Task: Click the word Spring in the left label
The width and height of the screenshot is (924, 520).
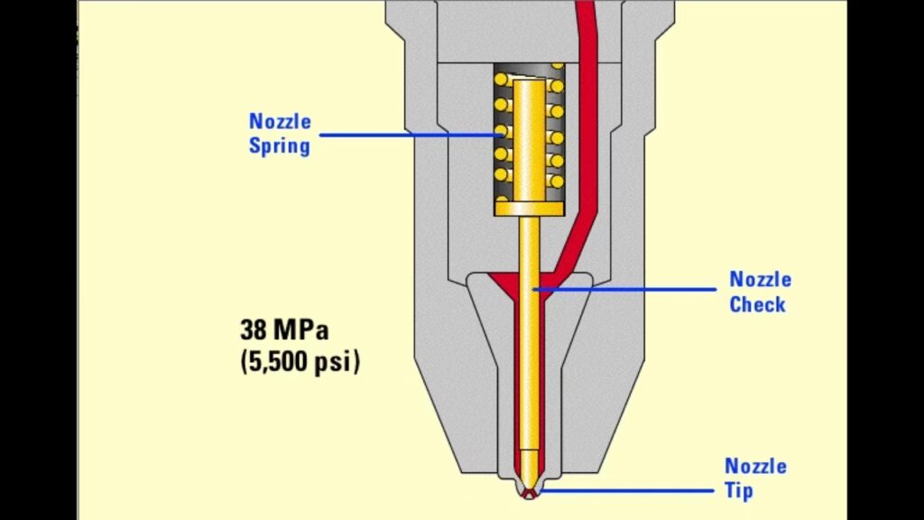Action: (x=280, y=145)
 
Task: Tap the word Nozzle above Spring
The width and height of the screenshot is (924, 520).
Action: (x=280, y=121)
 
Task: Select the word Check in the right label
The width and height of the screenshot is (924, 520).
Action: (x=757, y=304)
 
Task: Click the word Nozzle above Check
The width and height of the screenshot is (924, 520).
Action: (x=760, y=280)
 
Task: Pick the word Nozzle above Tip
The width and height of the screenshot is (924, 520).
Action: (x=755, y=467)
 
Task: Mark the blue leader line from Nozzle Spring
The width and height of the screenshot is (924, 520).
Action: (x=406, y=135)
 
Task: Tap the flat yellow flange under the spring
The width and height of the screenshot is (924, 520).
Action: (x=529, y=209)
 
